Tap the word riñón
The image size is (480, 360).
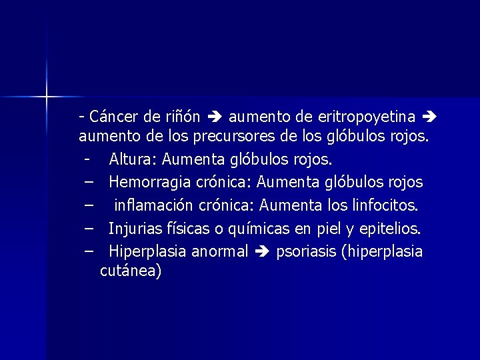181,117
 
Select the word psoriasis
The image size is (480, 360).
303,251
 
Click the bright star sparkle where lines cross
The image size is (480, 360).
47,97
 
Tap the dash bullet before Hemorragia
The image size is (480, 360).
89,182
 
